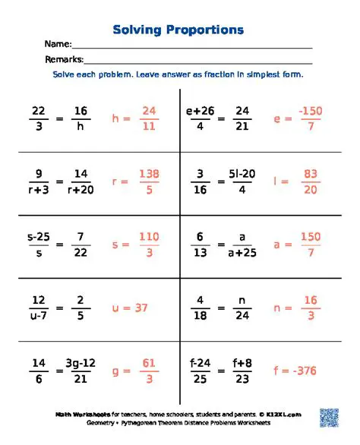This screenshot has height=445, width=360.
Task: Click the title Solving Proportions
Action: [178, 30]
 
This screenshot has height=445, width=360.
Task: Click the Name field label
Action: [58, 44]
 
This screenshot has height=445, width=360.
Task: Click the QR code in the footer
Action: [328, 417]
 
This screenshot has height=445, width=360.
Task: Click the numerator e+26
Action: [201, 111]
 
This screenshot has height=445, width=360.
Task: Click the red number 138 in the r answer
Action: [149, 174]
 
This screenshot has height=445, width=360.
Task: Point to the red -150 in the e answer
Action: [311, 111]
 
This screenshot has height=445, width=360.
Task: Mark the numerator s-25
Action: [38, 237]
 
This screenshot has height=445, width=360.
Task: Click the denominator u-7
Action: [38, 316]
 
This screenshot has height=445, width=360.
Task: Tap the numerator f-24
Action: [201, 364]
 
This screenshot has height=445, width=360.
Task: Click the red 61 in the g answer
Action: [149, 364]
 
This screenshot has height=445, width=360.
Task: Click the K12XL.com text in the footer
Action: [285, 414]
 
